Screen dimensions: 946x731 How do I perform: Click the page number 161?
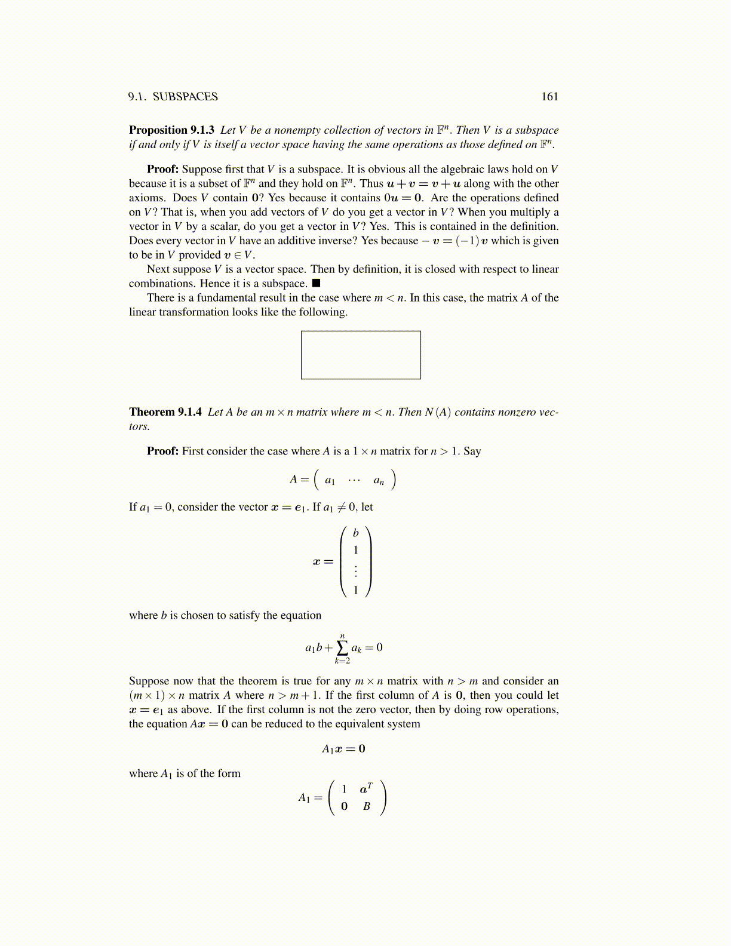549,97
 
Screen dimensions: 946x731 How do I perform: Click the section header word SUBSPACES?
185,97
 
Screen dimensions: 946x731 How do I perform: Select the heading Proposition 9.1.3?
171,130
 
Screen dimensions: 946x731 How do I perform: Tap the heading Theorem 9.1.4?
165,412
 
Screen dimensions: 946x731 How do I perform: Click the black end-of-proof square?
316,283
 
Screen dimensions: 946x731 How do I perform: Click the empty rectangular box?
361,355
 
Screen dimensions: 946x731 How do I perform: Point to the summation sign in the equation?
342,647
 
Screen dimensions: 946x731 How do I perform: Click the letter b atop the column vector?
356,533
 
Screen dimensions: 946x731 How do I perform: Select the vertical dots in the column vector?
356,570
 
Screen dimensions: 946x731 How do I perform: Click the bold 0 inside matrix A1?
344,806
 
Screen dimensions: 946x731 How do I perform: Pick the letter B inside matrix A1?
367,806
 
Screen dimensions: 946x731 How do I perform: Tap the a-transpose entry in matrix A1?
365,789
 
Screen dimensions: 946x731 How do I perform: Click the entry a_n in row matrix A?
379,480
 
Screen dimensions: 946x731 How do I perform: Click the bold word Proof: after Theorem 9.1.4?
162,451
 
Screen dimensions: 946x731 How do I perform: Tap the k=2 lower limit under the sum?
342,661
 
